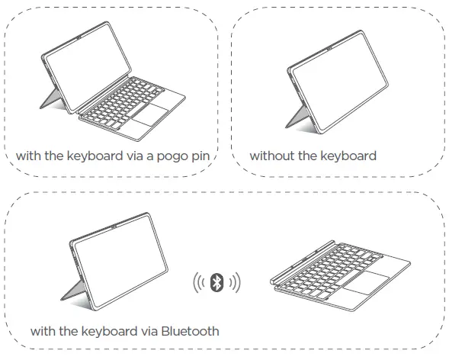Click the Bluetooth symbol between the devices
[216, 282]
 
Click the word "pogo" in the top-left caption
[169, 156]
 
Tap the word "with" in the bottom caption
[43, 332]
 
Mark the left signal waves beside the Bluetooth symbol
[200, 282]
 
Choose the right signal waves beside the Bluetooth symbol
[233, 282]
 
